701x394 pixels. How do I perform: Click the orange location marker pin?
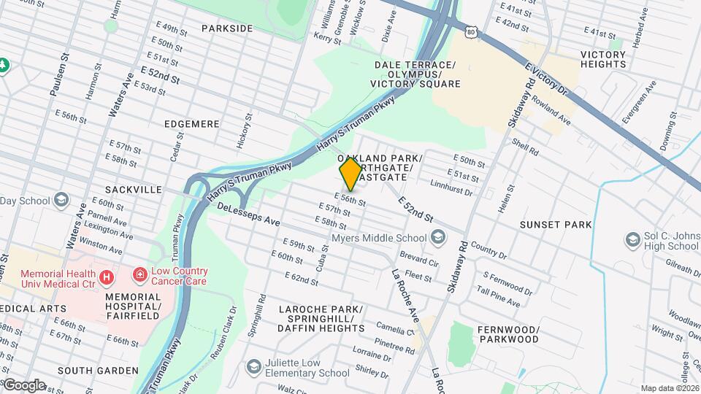(x=350, y=174)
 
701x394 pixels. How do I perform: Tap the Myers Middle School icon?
(x=437, y=237)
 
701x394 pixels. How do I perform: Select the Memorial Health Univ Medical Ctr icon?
(x=107, y=277)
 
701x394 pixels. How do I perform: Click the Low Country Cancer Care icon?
(x=139, y=275)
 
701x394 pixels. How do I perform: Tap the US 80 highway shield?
(x=472, y=31)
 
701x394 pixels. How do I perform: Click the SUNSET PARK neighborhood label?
(x=556, y=225)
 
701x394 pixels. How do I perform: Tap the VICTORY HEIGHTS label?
(x=602, y=59)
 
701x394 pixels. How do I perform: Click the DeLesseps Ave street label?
(x=249, y=214)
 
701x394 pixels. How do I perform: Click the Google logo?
(x=24, y=385)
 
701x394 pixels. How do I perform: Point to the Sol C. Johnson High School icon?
(x=632, y=239)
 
